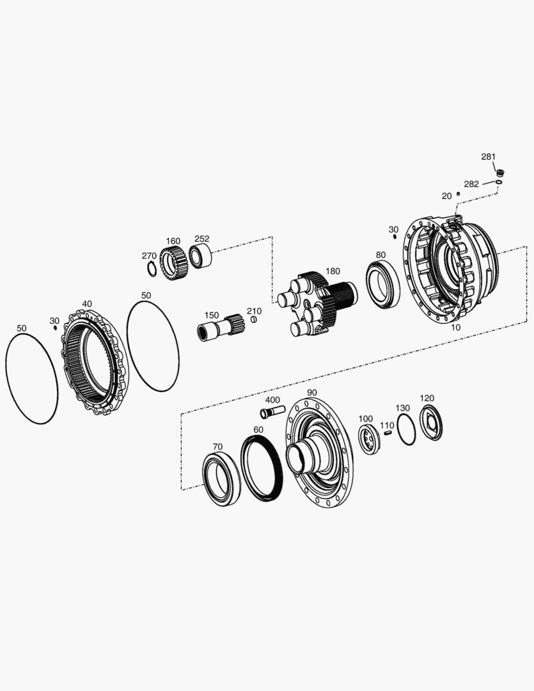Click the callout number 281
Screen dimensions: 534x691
coord(488,157)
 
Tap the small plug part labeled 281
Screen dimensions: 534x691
coord(500,172)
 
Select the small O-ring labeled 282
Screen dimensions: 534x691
coord(499,181)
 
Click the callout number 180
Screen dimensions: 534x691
coord(333,271)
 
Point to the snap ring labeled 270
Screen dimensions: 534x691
coord(152,269)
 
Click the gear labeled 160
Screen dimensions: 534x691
coord(173,264)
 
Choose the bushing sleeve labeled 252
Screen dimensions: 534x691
coord(200,257)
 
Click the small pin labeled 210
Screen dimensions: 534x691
coord(254,319)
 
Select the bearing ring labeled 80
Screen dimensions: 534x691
coord(383,284)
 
